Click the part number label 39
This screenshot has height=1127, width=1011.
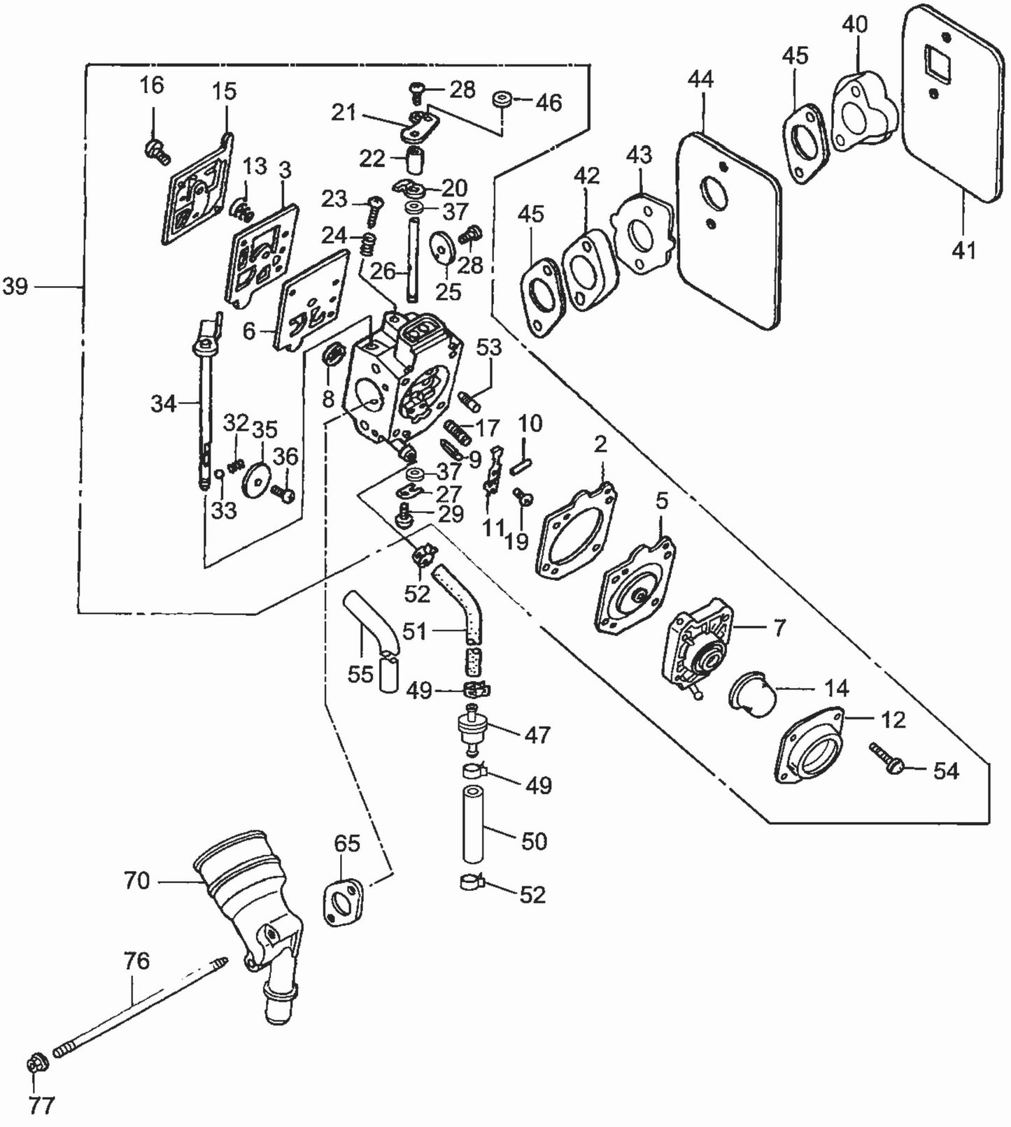[15, 287]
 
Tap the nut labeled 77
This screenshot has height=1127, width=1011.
[34, 1065]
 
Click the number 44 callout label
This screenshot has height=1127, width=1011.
[700, 79]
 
